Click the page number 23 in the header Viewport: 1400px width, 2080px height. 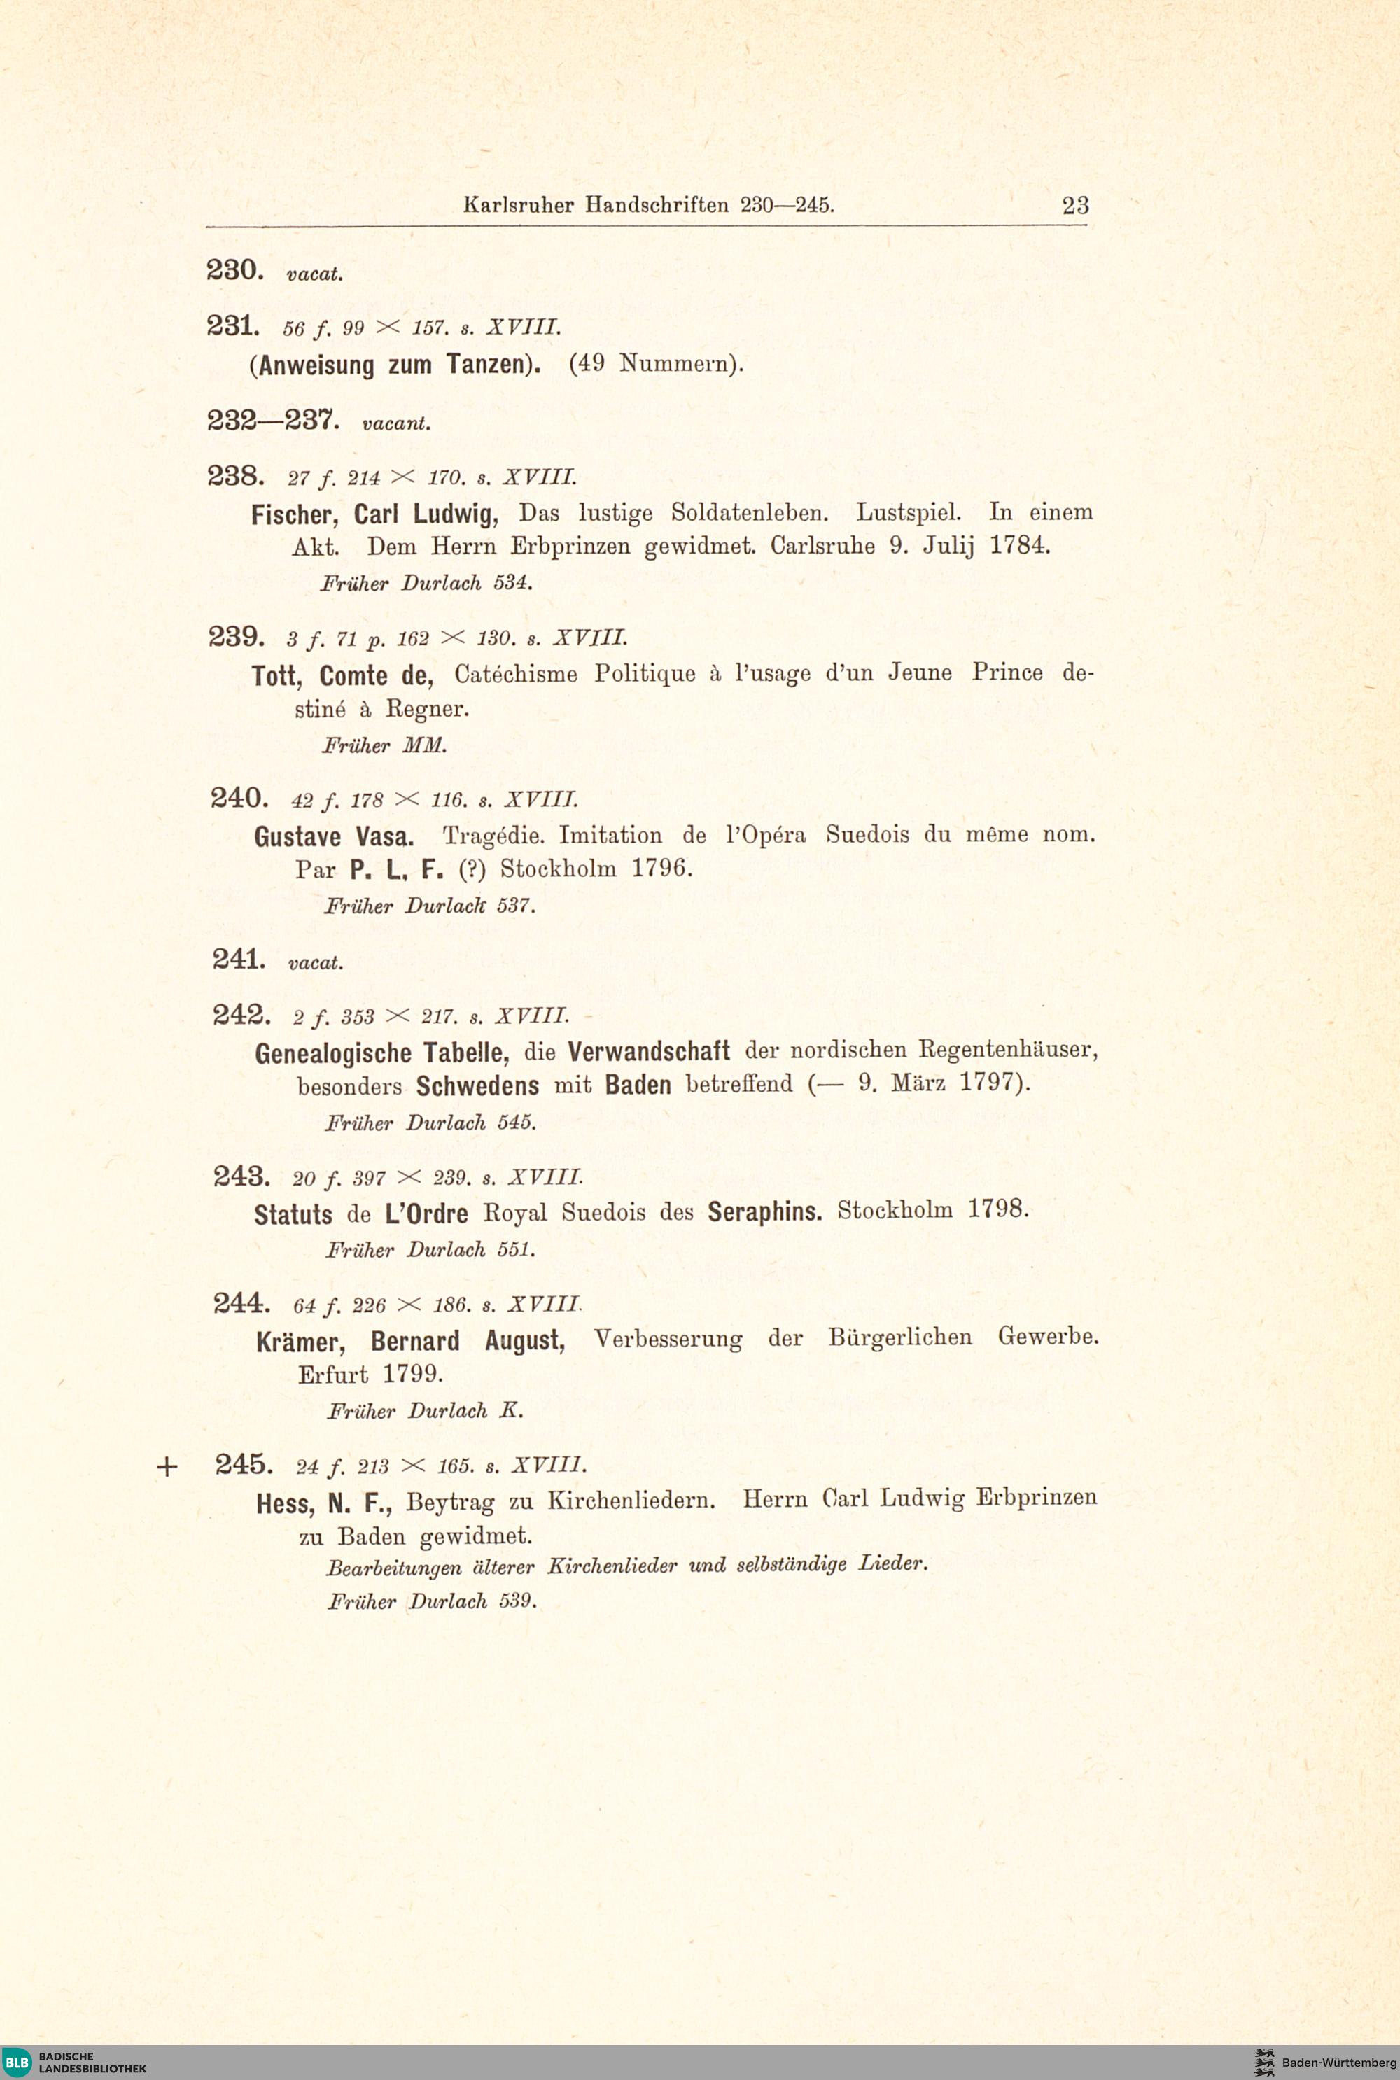click(x=1075, y=205)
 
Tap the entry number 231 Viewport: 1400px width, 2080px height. click(x=233, y=326)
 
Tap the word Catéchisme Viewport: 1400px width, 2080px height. click(x=516, y=674)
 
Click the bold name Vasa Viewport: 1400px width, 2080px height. click(x=385, y=836)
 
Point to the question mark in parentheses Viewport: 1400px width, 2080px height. click(x=470, y=869)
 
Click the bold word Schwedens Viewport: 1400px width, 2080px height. click(x=477, y=1085)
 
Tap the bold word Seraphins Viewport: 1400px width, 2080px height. click(x=764, y=1211)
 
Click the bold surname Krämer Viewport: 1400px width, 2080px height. click(x=299, y=1342)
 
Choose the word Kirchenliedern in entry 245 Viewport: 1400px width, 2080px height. click(x=631, y=1500)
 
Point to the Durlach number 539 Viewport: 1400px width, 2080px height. click(x=517, y=1601)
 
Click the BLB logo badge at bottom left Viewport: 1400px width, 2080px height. click(x=17, y=2061)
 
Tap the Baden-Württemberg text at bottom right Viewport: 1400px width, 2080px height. click(x=1338, y=2062)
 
